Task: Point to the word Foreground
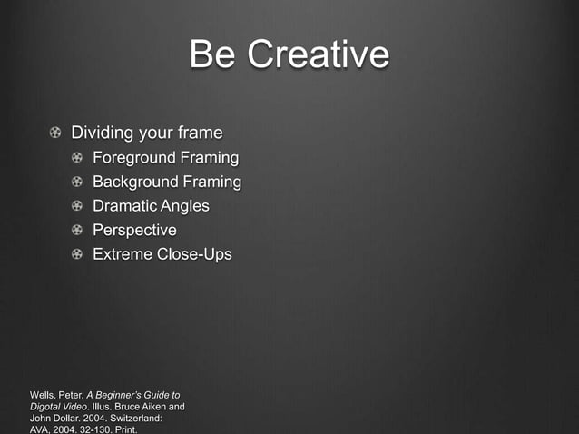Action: click(x=135, y=158)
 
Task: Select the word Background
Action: click(x=137, y=182)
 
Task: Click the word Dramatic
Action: click(x=124, y=206)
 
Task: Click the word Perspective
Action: click(x=134, y=230)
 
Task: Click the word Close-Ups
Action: click(x=194, y=254)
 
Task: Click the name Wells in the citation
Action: click(x=44, y=396)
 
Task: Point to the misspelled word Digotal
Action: click(x=46, y=408)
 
